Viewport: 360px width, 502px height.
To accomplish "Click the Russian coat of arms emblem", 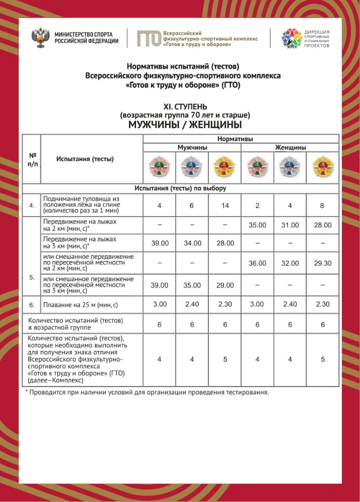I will [41, 38].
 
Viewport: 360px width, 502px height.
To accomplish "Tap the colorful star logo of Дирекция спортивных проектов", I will [291, 38].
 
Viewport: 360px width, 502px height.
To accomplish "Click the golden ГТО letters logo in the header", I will [149, 38].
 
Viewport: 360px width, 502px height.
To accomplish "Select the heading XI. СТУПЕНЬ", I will [185, 107].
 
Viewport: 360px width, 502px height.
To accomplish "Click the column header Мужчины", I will [192, 148].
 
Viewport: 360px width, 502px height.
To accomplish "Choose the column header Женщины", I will [290, 148].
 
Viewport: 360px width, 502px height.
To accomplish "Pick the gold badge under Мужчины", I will [224, 167].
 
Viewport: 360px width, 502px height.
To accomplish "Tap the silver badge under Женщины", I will [290, 167].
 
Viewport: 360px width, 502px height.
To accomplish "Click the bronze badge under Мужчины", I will [160, 167].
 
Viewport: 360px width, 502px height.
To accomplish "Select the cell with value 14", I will [225, 205].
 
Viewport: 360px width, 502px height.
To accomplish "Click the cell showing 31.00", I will [290, 225].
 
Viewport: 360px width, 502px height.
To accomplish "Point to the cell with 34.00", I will [192, 243].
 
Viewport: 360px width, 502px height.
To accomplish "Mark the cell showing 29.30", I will [323, 263].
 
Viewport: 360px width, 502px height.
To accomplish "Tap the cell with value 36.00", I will [257, 263].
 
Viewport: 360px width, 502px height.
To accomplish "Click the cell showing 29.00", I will [225, 285].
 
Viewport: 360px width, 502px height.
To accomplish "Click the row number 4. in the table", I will [32, 205].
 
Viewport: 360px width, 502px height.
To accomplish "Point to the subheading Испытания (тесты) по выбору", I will [180, 188].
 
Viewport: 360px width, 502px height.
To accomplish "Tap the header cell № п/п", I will [32, 159].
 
